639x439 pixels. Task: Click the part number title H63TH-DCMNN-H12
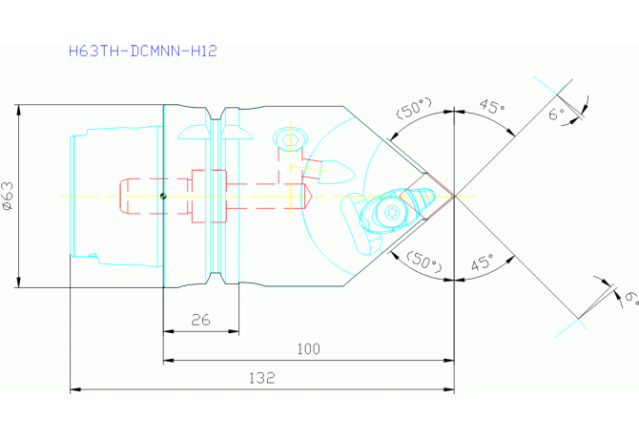143,51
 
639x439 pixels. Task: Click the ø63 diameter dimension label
9,196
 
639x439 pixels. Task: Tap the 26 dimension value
201,320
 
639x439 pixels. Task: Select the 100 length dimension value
308,349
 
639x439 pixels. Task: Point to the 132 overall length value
262,378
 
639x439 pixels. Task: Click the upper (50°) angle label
414,108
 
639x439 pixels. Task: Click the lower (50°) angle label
423,261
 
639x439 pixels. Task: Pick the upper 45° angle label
492,106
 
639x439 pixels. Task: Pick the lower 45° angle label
483,262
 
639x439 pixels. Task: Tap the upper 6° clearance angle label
557,114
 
